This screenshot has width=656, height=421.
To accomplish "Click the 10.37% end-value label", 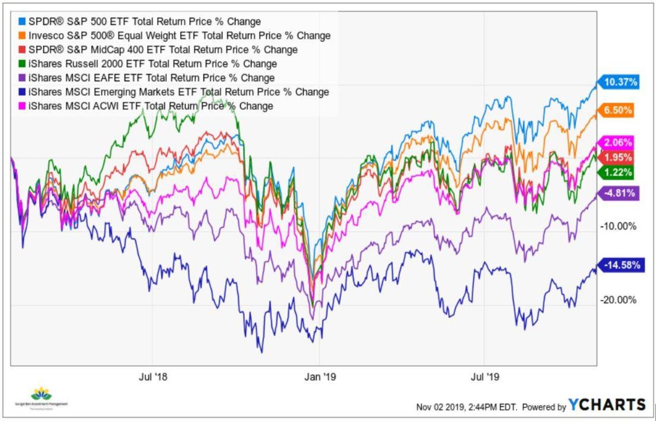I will [x=621, y=83].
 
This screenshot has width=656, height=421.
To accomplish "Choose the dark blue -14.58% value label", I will [x=620, y=265].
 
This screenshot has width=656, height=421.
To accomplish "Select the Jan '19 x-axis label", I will [x=320, y=377].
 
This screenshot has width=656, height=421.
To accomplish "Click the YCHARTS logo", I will [x=607, y=405].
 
